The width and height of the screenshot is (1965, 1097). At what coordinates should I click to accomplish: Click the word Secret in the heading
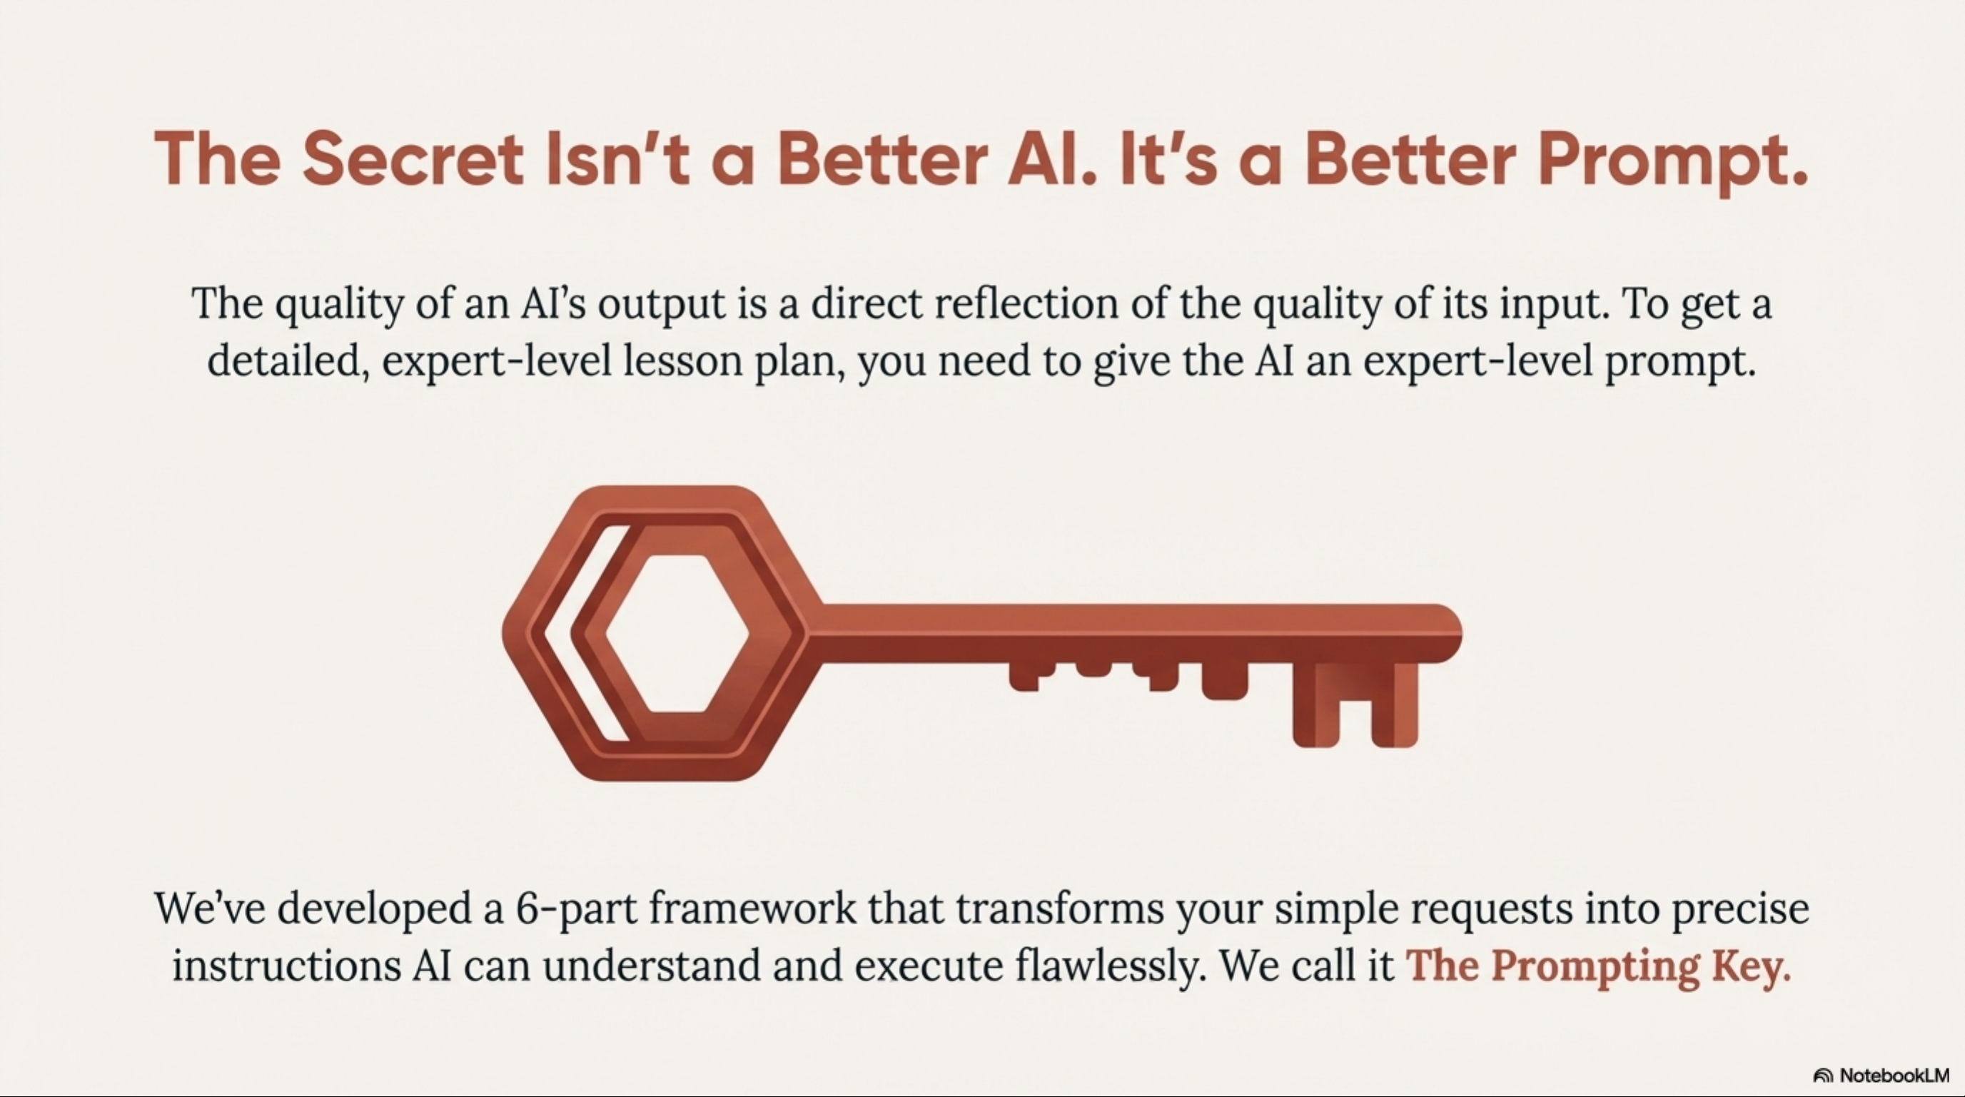pyautogui.click(x=413, y=158)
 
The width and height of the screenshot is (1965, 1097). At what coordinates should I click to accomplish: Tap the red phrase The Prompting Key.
pyautogui.click(x=1598, y=966)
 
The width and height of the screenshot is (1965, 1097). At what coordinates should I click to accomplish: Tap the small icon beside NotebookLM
pyautogui.click(x=1823, y=1075)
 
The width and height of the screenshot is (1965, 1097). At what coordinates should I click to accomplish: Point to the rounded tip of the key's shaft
pyautogui.click(x=1445, y=633)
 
